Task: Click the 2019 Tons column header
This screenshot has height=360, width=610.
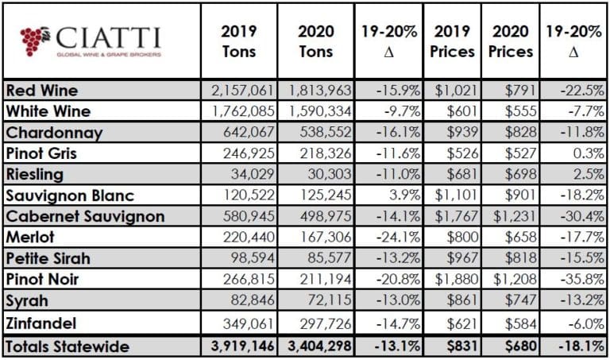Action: tap(237, 40)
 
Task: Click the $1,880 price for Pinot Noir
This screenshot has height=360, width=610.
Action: tap(456, 278)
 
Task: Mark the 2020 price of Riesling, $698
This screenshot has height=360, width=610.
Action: tap(515, 174)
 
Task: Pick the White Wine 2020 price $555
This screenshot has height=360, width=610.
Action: tap(515, 111)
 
